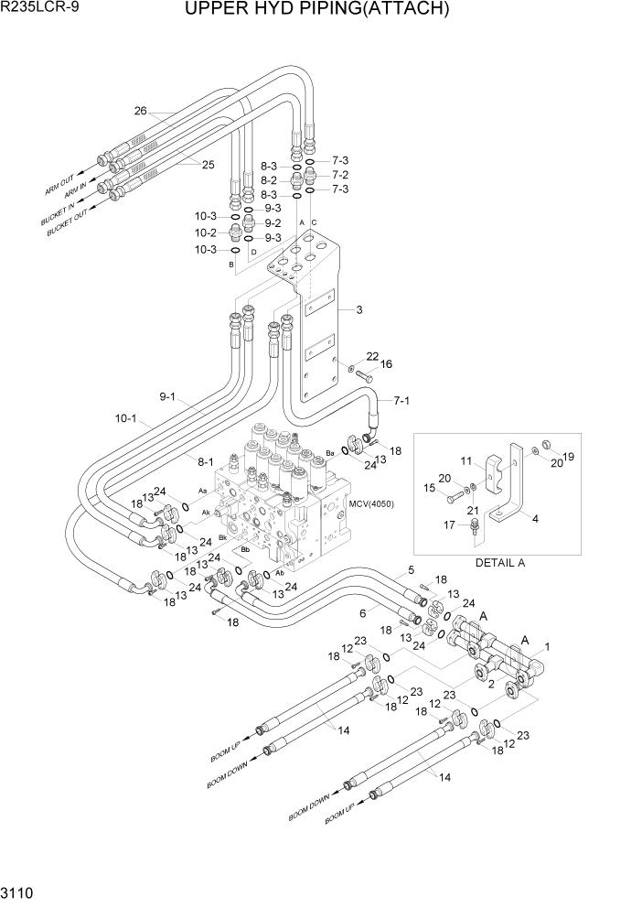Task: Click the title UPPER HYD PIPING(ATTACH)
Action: [x=316, y=10]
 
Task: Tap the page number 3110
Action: [x=20, y=892]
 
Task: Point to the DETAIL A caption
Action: [x=499, y=563]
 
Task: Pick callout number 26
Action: [x=140, y=112]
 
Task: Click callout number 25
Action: [x=208, y=164]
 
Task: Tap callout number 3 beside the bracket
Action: [x=359, y=310]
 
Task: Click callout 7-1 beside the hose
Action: [x=401, y=400]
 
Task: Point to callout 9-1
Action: [x=167, y=396]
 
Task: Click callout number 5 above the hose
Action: [x=411, y=569]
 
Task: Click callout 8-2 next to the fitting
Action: [x=269, y=181]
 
